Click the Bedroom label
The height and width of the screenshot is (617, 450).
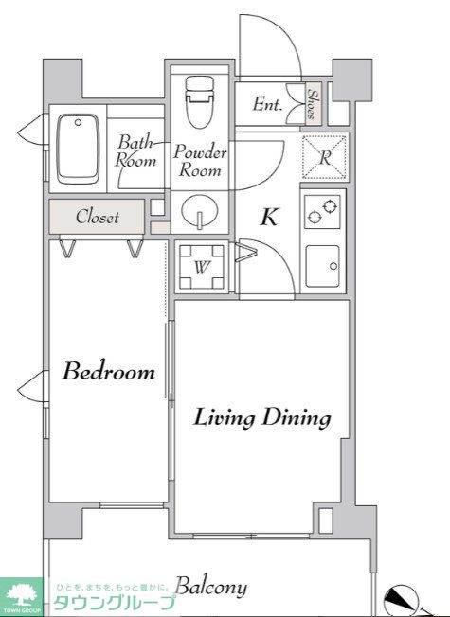click(x=109, y=371)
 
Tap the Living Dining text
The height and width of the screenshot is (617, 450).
click(x=262, y=418)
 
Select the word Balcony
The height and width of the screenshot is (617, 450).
click(x=211, y=587)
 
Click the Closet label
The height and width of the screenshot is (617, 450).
click(x=98, y=217)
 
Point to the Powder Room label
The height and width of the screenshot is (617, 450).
click(x=200, y=161)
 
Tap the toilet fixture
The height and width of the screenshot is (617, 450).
click(x=200, y=102)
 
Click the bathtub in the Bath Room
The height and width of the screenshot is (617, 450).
click(x=78, y=149)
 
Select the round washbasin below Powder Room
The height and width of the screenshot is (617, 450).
click(x=200, y=211)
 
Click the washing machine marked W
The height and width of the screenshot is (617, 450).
click(x=202, y=268)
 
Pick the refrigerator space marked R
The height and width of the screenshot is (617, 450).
click(x=324, y=157)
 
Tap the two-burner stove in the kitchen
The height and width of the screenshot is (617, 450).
click(x=322, y=212)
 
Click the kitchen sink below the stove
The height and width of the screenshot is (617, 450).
click(x=322, y=267)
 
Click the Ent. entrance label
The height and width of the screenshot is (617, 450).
click(x=267, y=104)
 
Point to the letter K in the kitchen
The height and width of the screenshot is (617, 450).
click(x=269, y=217)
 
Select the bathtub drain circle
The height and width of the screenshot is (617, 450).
click(x=78, y=122)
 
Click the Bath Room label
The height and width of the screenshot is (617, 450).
click(x=135, y=150)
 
